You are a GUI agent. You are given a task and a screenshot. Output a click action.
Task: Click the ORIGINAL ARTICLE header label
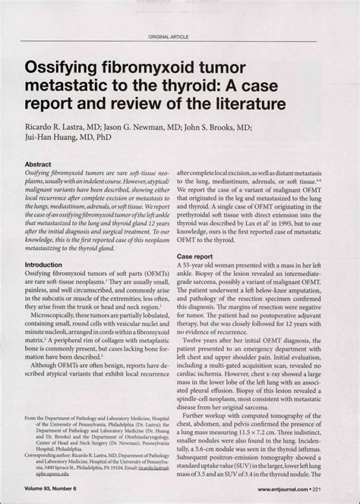(x=168, y=36)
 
